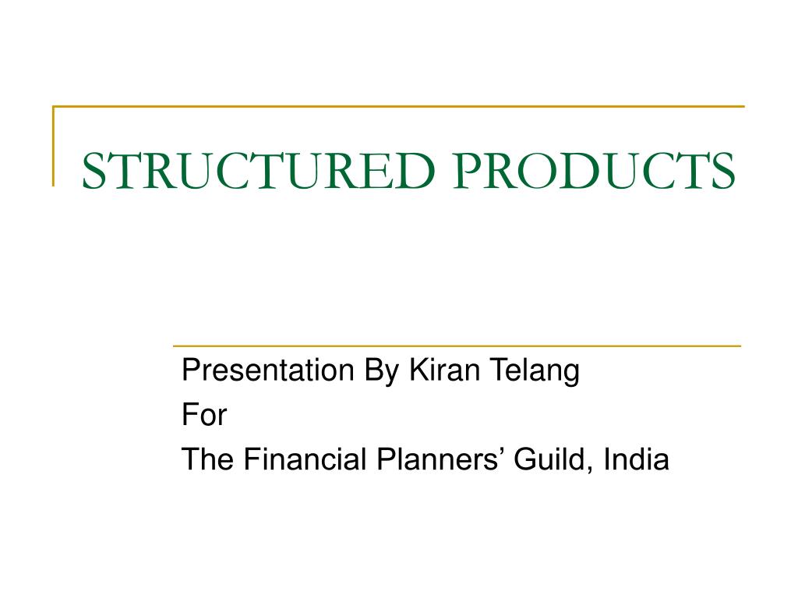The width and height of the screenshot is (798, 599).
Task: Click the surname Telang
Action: [x=534, y=372]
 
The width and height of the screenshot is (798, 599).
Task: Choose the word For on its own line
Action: [x=203, y=416]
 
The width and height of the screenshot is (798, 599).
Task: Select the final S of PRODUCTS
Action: [x=722, y=172]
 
